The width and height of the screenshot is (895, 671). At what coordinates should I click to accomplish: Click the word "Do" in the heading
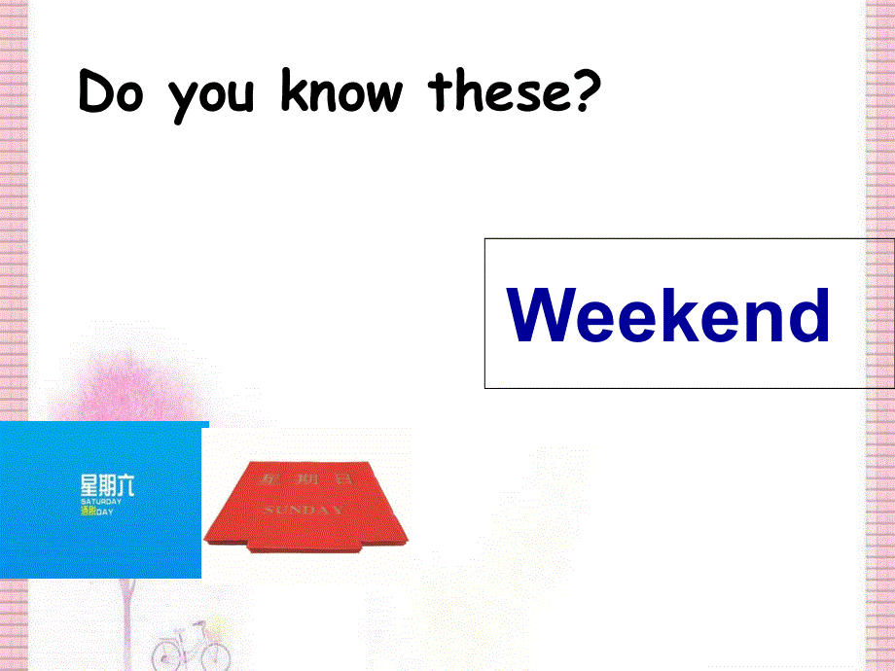pos(110,94)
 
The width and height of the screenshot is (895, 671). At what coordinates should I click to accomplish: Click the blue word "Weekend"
pos(669,316)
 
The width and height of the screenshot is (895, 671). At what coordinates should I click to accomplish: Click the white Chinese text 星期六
pos(107,485)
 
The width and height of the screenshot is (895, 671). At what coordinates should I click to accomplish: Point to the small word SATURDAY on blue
pos(100,502)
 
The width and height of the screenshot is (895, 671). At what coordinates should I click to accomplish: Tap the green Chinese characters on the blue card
pos(88,511)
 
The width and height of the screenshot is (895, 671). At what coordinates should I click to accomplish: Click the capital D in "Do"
pos(95,94)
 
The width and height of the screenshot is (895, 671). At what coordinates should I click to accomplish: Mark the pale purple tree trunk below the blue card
pos(127,608)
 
